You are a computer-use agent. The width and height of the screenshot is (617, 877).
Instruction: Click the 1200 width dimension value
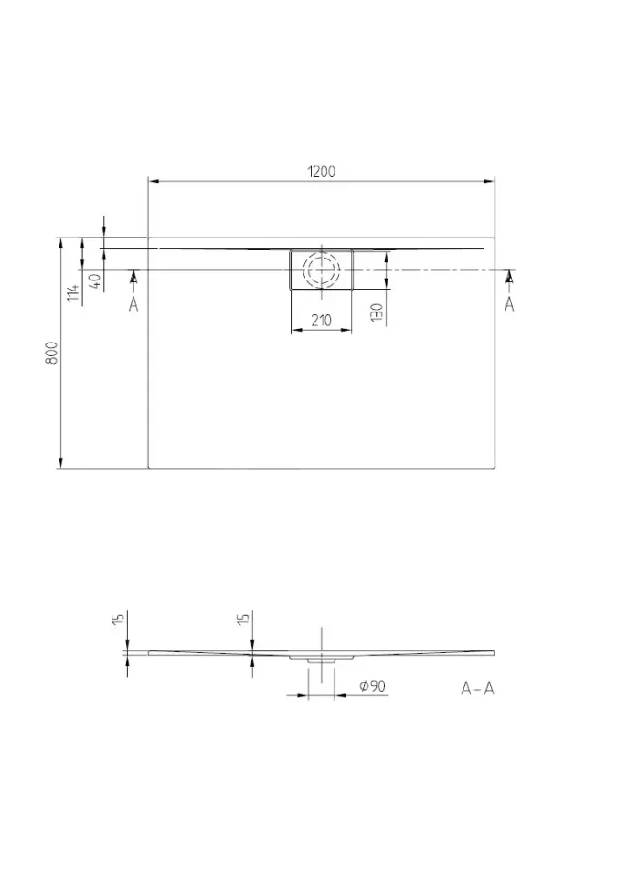coord(322,172)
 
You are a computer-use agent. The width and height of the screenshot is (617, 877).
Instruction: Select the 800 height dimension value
coord(51,353)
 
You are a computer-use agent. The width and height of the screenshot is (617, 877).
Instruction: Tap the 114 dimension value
coord(73,292)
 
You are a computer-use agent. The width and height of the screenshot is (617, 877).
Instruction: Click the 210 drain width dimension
coord(322,321)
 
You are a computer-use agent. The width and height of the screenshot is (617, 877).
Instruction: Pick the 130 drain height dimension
coord(377,312)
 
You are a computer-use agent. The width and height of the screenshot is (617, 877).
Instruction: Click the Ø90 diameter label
coord(372,686)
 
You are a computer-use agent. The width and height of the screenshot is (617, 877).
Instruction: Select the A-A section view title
coord(477,688)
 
